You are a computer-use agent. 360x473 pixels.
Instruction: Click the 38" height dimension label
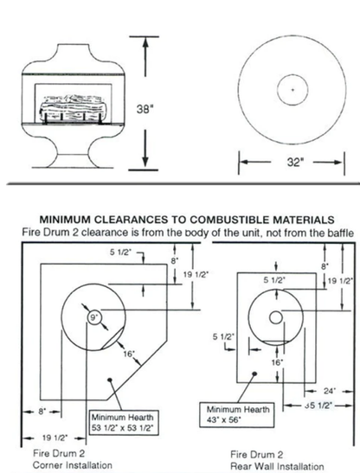click(x=143, y=109)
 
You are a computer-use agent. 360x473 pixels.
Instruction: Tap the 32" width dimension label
click(x=295, y=163)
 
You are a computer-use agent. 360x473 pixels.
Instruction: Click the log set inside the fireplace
click(x=72, y=109)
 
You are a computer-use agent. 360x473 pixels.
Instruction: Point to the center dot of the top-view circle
click(x=292, y=90)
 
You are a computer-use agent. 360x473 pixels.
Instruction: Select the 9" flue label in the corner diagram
click(x=94, y=317)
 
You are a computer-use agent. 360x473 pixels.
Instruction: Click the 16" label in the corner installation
click(x=129, y=354)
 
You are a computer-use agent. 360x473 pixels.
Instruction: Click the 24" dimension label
click(x=329, y=391)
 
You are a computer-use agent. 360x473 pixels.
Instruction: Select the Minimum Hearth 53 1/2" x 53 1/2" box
click(x=124, y=422)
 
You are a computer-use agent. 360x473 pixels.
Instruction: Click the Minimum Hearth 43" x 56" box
click(x=237, y=414)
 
